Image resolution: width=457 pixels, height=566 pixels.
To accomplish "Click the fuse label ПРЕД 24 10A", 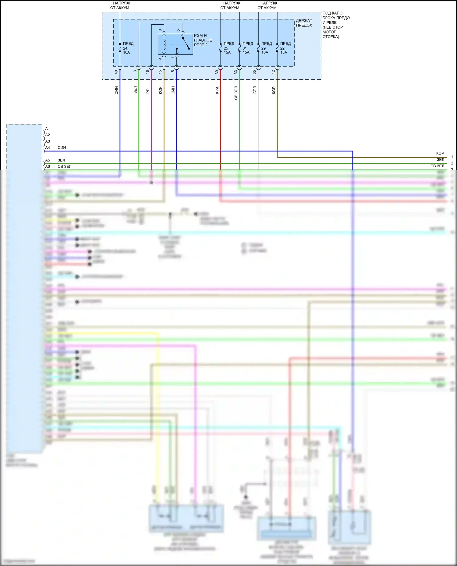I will click(x=128, y=48).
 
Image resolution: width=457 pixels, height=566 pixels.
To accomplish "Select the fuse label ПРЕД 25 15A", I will click(x=228, y=48).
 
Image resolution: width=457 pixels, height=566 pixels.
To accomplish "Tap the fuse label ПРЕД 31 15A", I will click(x=247, y=48).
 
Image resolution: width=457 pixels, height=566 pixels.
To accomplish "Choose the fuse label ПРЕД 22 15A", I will click(x=285, y=48).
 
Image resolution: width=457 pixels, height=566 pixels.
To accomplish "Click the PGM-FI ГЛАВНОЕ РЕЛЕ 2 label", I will click(x=203, y=40).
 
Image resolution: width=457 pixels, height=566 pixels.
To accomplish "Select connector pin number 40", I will click(x=116, y=72).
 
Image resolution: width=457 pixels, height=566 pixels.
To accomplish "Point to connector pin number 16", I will click(x=148, y=72).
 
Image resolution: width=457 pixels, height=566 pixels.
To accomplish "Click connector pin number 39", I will click(x=217, y=72).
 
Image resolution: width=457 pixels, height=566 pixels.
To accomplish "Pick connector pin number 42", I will click(x=273, y=72).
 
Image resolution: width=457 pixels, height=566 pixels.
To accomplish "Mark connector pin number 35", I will click(x=254, y=72).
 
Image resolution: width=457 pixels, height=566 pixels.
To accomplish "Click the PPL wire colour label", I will click(x=148, y=90).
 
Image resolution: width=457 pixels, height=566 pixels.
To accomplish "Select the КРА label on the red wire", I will click(x=217, y=90).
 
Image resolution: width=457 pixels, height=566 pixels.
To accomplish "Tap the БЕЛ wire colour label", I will click(x=255, y=90).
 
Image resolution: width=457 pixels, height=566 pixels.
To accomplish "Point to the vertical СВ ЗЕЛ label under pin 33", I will click(x=236, y=93).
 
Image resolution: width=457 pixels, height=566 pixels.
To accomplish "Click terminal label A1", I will click(x=48, y=129).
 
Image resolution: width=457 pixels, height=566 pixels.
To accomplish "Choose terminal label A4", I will click(x=48, y=148).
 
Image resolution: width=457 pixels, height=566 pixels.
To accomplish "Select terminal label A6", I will click(x=48, y=166).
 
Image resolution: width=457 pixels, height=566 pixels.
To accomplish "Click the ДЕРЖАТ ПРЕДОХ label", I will click(x=304, y=23).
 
